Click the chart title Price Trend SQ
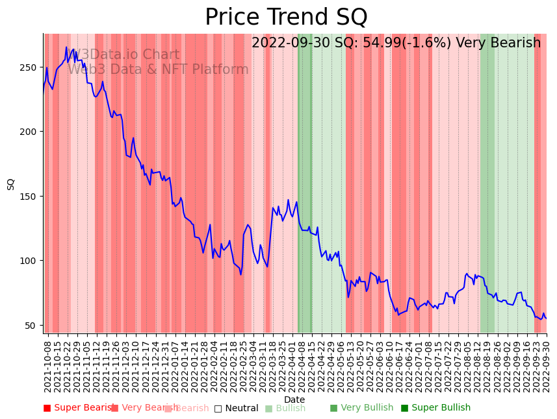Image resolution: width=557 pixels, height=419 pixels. (286, 18)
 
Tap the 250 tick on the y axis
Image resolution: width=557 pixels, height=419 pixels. (31, 67)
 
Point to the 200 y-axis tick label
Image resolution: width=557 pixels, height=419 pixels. (31, 132)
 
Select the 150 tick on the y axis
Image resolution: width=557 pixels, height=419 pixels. (31, 197)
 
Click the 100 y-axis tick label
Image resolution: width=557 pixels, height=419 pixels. (31, 261)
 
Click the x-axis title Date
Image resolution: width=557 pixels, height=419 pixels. (294, 400)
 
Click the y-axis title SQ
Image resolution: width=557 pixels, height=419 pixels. (11, 184)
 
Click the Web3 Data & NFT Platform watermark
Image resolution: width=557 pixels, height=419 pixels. (158, 69)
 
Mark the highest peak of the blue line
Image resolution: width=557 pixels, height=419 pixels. (66, 47)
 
